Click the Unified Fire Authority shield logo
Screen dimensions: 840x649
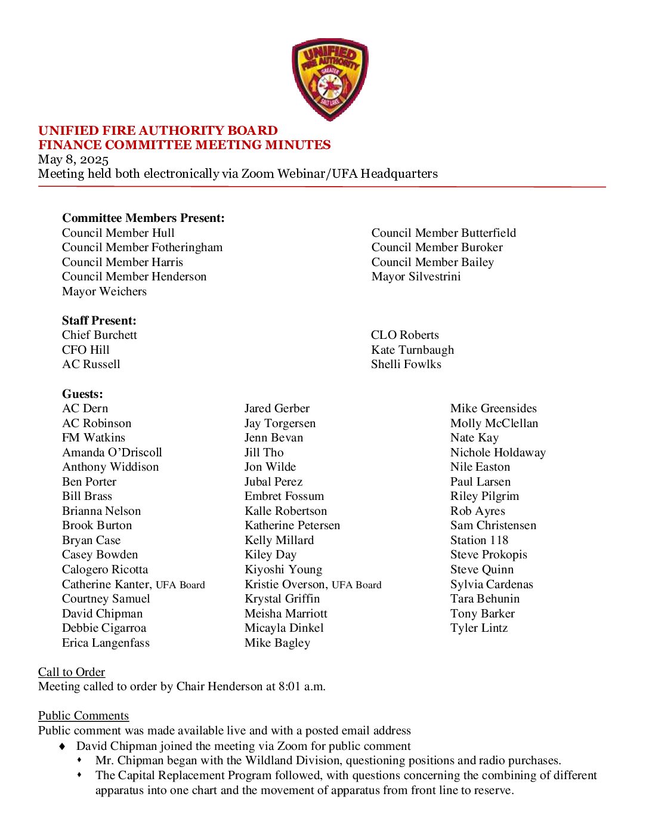coord(330,79)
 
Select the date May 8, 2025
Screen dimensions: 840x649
coord(73,159)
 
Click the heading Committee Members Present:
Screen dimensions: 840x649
coord(143,218)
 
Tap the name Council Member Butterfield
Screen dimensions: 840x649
coord(443,233)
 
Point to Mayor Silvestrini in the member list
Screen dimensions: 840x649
coord(416,276)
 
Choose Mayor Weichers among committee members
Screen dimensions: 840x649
coord(104,291)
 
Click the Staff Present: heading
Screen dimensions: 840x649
coord(99,320)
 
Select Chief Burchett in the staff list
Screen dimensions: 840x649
coord(100,335)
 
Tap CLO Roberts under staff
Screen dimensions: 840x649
coord(404,335)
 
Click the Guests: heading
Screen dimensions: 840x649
coord(82,394)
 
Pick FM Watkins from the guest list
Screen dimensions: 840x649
coord(94,437)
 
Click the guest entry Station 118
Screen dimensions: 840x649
coord(479,540)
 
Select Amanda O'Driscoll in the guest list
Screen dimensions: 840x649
coord(112,452)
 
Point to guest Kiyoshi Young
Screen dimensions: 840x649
coord(283,569)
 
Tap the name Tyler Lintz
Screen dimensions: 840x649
coord(479,628)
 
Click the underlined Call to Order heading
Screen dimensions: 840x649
coord(72,672)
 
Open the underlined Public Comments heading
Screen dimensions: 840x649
coord(84,715)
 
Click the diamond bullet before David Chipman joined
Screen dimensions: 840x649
coord(62,746)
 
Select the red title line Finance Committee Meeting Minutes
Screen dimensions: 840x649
coord(184,145)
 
